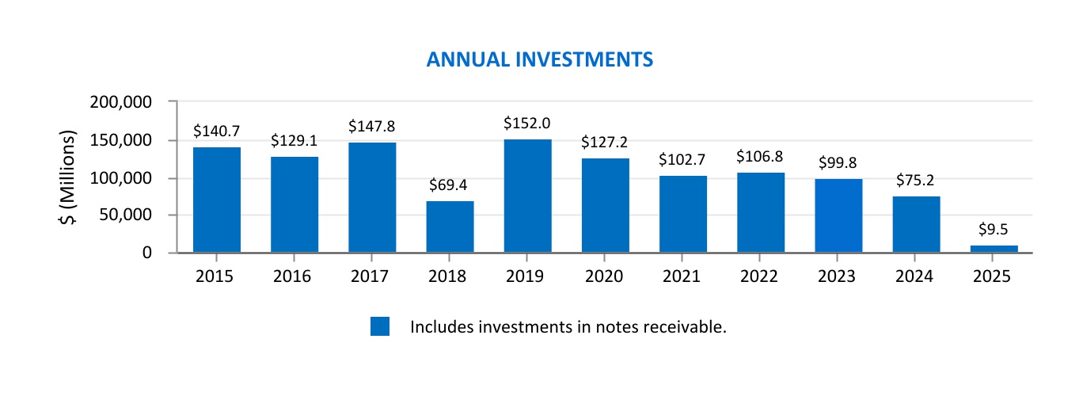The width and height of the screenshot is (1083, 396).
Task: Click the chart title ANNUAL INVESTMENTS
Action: [540, 60]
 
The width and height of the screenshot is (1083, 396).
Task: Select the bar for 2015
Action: [217, 200]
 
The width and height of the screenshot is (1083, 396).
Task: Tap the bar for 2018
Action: [450, 227]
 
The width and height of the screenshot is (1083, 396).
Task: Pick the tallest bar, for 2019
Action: [527, 196]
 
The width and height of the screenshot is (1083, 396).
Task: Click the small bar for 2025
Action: [994, 249]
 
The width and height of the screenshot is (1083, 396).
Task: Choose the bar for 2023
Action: [838, 215]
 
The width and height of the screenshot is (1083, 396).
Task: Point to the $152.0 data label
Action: [527, 124]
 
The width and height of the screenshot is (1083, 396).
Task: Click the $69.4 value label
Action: [450, 185]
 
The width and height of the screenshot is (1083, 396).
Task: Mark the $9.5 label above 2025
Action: [994, 230]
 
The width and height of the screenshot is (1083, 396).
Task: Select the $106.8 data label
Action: [760, 157]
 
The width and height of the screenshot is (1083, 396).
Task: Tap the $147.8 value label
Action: [372, 127]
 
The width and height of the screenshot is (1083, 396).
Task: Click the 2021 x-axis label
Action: [682, 276]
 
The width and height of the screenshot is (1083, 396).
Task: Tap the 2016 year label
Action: [294, 276]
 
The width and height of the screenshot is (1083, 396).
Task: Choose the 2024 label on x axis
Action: [916, 276]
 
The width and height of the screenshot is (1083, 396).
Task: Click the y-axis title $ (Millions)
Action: [69, 177]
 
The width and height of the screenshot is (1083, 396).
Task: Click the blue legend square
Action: [380, 326]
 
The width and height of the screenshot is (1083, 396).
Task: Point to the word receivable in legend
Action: [689, 326]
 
